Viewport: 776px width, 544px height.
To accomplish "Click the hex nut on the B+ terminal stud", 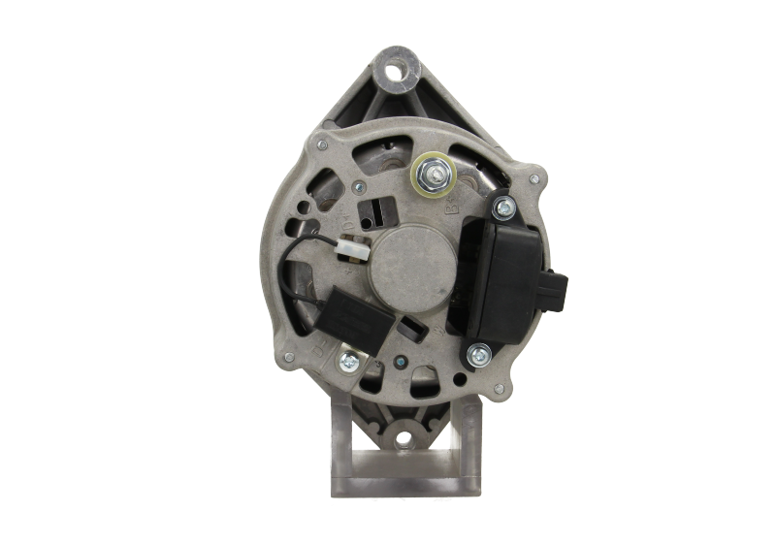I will point(430,174).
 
